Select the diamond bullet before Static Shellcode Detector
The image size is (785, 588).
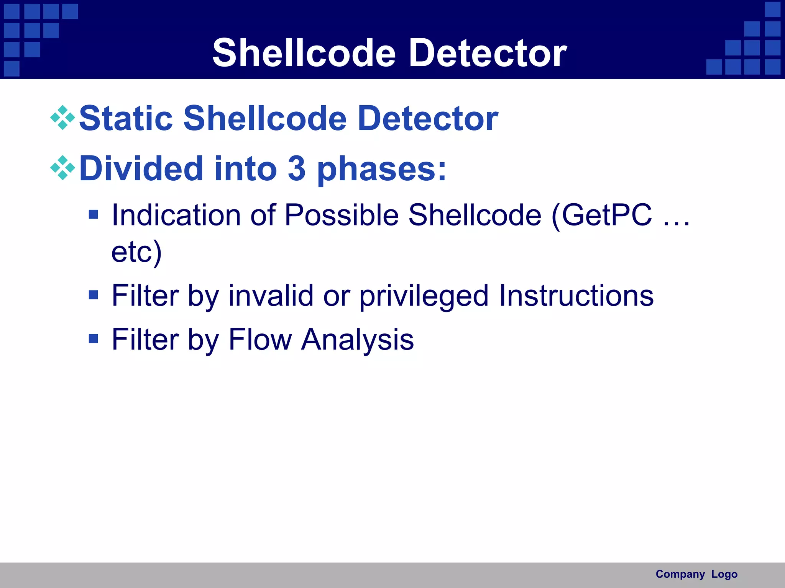click(62, 118)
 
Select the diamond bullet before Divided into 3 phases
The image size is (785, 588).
click(62, 168)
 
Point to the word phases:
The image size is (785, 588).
click(382, 169)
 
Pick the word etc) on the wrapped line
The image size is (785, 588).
click(136, 252)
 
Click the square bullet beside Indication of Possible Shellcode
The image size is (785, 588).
click(93, 214)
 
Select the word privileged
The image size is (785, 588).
click(424, 296)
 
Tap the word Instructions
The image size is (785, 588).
click(576, 296)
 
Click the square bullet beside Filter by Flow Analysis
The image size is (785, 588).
click(93, 338)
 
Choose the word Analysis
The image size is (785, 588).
click(357, 340)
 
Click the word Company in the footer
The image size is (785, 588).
click(680, 574)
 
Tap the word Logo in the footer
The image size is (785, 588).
click(724, 574)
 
